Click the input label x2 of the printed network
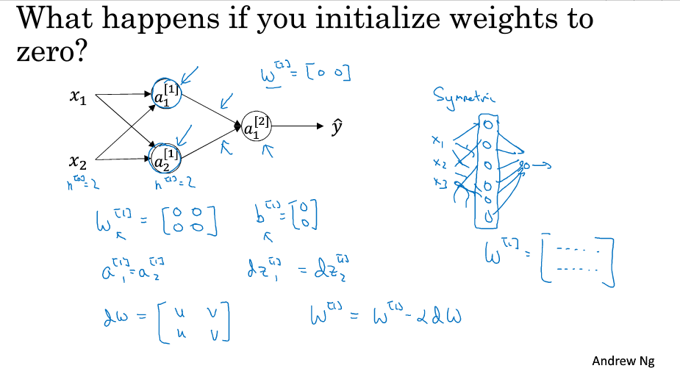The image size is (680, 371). [x=79, y=159]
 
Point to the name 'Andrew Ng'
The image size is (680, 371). [x=623, y=361]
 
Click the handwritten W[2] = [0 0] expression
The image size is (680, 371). [x=305, y=74]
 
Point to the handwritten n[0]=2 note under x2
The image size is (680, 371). [x=83, y=183]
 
